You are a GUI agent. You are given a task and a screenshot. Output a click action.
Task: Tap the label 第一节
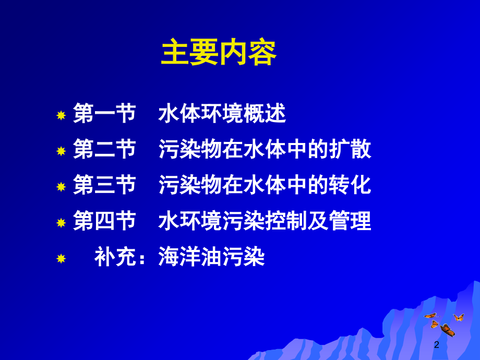(104, 114)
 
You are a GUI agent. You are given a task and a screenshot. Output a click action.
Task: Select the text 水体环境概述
(222, 114)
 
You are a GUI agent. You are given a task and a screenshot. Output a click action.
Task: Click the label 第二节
(104, 150)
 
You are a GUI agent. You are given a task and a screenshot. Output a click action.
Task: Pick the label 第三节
(104, 185)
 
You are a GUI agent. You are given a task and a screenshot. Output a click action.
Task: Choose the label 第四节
(104, 221)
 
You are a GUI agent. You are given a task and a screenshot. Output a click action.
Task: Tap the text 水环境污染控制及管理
(265, 221)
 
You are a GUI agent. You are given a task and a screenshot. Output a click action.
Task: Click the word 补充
(115, 257)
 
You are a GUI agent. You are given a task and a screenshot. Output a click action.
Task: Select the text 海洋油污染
(212, 257)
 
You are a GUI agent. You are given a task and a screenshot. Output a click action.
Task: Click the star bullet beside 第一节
(61, 115)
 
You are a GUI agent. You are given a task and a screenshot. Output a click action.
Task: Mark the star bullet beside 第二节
(61, 151)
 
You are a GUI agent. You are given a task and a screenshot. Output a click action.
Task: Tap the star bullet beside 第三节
(61, 187)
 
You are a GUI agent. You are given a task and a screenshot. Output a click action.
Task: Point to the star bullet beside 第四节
(61, 223)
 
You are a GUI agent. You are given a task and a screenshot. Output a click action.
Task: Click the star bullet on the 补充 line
(61, 258)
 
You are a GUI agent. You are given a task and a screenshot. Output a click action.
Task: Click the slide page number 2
(437, 345)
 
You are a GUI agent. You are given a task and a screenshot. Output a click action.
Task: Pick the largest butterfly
(447, 330)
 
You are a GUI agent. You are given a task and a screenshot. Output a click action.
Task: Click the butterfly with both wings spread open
(459, 317)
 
